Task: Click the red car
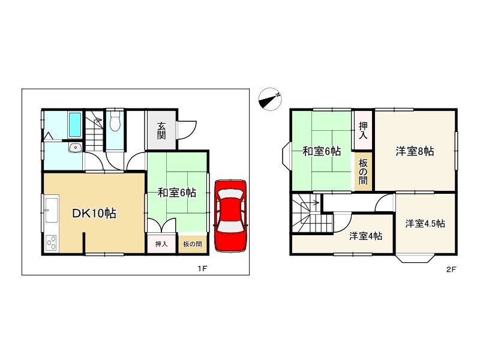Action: [x=230, y=214]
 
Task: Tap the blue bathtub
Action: [x=74, y=125]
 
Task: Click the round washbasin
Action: [x=74, y=148]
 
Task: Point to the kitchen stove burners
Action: [x=52, y=243]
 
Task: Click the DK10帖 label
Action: [x=94, y=213]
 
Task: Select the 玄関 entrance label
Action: [x=162, y=130]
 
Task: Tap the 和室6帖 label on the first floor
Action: [x=177, y=193]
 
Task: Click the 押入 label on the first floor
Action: [x=161, y=244]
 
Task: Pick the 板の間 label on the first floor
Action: [x=193, y=244]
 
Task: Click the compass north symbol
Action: [x=270, y=99]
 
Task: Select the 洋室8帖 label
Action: [x=415, y=152]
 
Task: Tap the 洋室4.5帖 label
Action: [x=425, y=223]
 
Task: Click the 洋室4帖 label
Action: [x=366, y=236]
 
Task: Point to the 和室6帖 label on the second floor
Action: [x=322, y=152]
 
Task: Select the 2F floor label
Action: [x=451, y=269]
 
